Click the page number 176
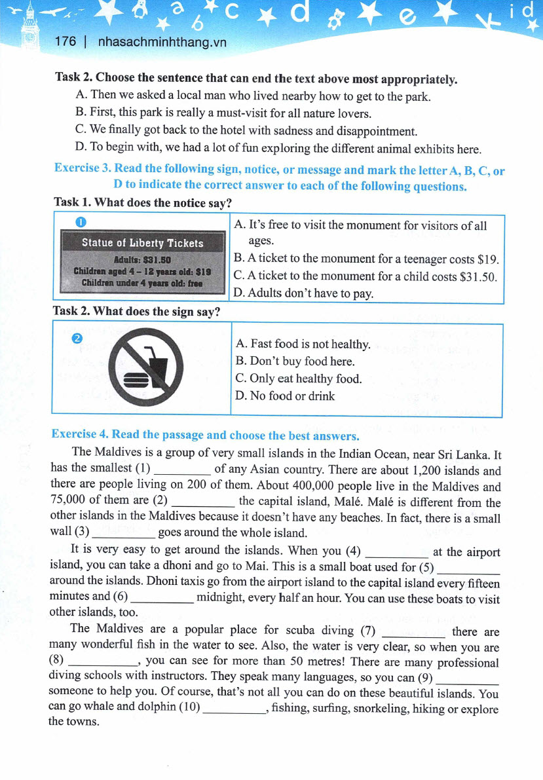pos(66,41)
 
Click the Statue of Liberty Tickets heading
pos(142,243)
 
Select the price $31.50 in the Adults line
pos(156,259)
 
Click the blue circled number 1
pos(80,223)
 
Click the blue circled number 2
pos(77,338)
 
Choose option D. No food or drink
pos(284,396)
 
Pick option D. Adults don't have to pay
pos(303,293)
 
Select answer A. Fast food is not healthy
pos(302,344)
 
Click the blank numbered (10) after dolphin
pos(234,709)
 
